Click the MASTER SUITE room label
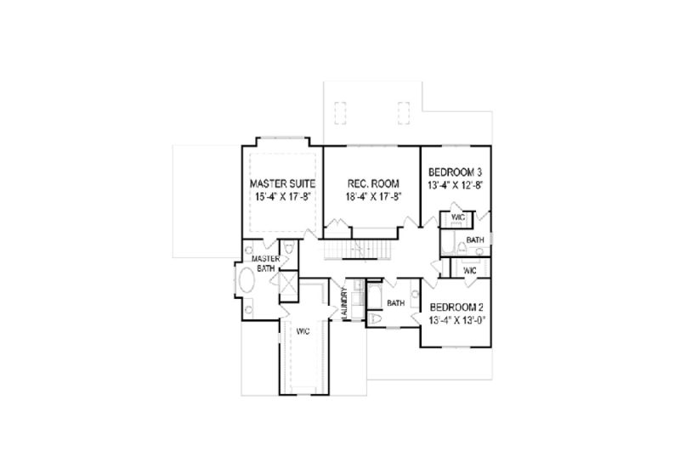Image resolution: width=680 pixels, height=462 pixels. tap(283, 183)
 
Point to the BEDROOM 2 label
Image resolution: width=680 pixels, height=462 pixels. tap(459, 307)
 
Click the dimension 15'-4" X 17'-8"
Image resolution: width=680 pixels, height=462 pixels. tap(283, 197)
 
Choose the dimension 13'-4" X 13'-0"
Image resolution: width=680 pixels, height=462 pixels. tap(459, 320)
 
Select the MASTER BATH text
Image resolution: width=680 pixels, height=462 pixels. tap(263, 262)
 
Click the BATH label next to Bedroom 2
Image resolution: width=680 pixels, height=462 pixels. tap(395, 302)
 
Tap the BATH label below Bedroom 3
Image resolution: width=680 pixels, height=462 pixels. tap(475, 240)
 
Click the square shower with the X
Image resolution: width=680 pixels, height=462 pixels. tap(287, 282)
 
